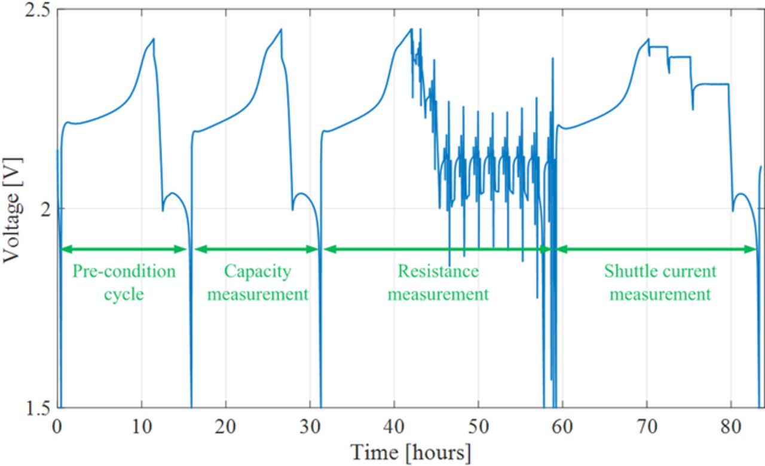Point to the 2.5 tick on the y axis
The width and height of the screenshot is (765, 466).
coord(37,11)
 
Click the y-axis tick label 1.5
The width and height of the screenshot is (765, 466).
coord(37,409)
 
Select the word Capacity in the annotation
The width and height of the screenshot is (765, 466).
coord(258,272)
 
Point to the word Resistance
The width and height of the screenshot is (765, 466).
coord(438,272)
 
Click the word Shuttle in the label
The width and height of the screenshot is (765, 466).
coord(626,272)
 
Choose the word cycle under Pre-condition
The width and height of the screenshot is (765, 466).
coord(124,294)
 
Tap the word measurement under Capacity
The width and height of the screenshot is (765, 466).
coord(258,294)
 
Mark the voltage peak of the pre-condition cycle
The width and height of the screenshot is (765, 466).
coord(153,39)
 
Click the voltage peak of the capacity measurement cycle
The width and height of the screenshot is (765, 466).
coord(281,29)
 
